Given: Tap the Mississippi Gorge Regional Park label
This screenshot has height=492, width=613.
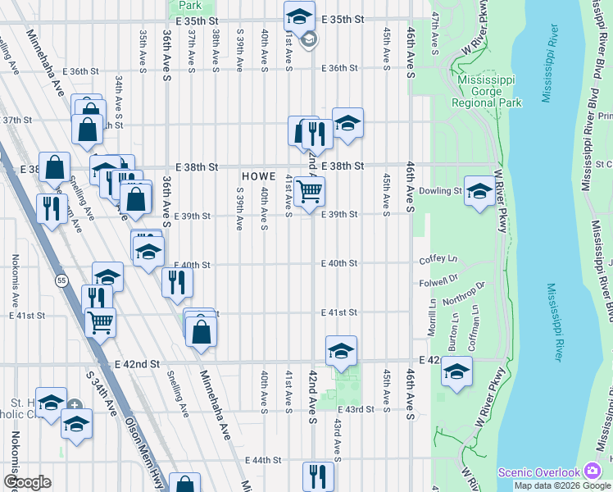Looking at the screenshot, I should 490,92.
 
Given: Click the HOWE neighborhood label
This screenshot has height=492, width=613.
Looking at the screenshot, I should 259,176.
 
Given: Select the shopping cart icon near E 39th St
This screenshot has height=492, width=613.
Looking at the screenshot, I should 309,192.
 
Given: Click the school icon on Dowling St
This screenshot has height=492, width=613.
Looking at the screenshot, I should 479,192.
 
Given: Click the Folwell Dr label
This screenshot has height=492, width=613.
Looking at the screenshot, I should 437,281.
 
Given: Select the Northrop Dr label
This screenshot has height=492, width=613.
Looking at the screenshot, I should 470,291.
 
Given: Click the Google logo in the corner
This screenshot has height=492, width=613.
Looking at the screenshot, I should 27,482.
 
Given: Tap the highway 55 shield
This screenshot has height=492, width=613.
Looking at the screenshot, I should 61,280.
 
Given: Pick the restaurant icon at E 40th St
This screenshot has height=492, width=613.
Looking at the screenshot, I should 177,283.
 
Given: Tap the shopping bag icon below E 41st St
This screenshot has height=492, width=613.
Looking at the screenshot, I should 201,331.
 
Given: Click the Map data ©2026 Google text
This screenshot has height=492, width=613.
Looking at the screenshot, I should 562,485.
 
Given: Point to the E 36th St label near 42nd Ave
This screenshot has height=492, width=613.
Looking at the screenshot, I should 340,69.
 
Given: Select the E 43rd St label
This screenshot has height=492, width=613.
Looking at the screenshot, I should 357,409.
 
